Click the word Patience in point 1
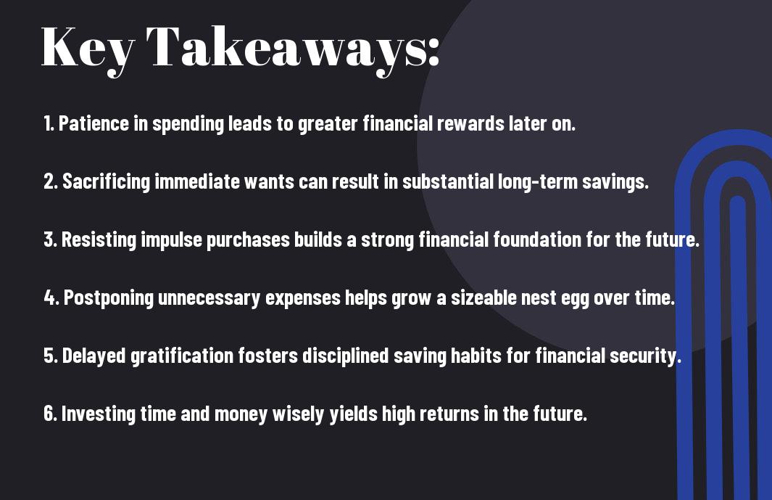pyautogui.click(x=94, y=123)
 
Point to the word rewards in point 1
pyautogui.click(x=470, y=123)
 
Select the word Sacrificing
pyautogui.click(x=106, y=182)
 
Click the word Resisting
pyautogui.click(x=99, y=240)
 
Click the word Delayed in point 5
pyautogui.click(x=94, y=356)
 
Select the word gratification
pyautogui.click(x=182, y=356)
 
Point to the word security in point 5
pyautogui.click(x=645, y=356)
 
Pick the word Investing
pyautogui.click(x=98, y=414)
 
